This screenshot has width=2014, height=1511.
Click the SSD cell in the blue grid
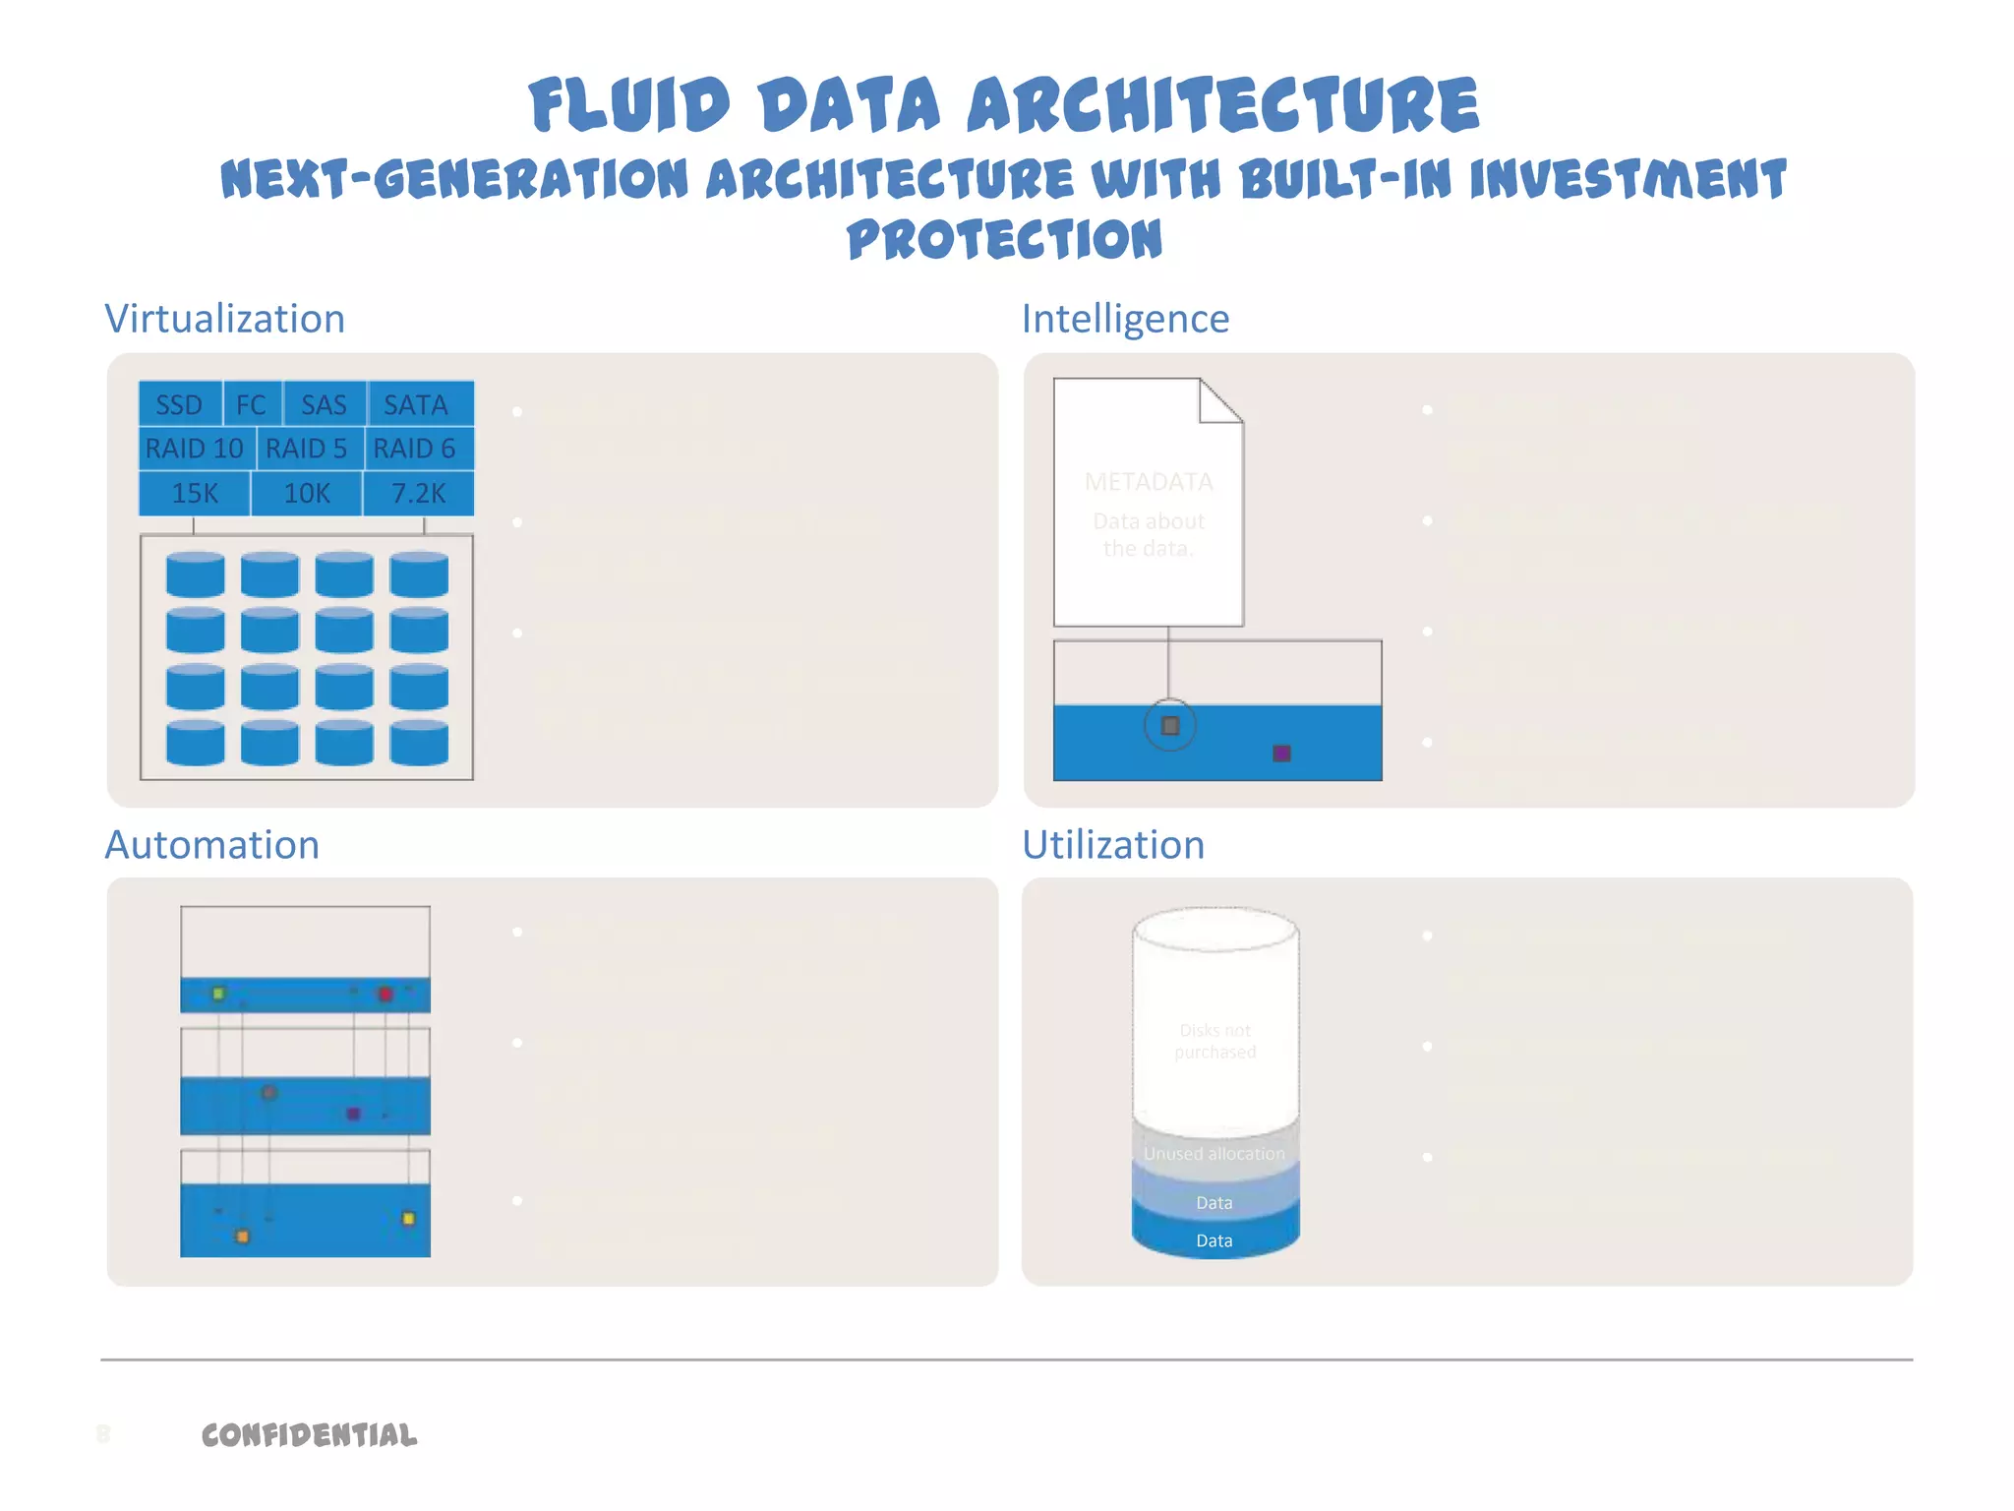180,404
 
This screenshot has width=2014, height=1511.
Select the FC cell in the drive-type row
252,404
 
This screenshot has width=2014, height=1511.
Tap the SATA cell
416,404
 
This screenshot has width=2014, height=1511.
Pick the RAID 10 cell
195,449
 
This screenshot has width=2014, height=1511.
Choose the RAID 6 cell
415,449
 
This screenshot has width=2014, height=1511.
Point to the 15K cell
195,493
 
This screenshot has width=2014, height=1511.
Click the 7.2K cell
419,493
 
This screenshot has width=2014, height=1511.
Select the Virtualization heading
225,319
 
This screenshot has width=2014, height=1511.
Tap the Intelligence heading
1125,319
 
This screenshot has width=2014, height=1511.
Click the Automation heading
212,845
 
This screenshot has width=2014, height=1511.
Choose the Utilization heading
1113,845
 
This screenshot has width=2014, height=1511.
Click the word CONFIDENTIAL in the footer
309,1435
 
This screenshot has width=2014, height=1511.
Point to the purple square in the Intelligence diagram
1281,754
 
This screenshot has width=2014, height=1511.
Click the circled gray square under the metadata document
1170,726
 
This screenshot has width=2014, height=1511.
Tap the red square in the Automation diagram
385,994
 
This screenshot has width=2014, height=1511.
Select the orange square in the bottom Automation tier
243,1237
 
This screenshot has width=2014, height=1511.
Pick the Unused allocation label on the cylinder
1214,1153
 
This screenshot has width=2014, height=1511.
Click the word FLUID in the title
629,105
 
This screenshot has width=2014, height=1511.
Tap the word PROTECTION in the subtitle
1004,239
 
